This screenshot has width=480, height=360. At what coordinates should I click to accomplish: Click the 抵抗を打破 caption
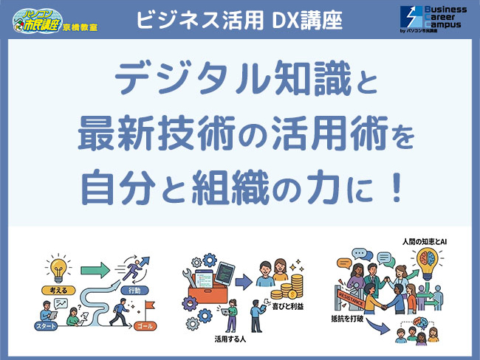(x=353, y=321)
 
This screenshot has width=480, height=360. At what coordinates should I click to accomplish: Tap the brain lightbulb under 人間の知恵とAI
(x=430, y=264)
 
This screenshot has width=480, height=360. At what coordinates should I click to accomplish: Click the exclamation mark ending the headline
(x=397, y=187)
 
